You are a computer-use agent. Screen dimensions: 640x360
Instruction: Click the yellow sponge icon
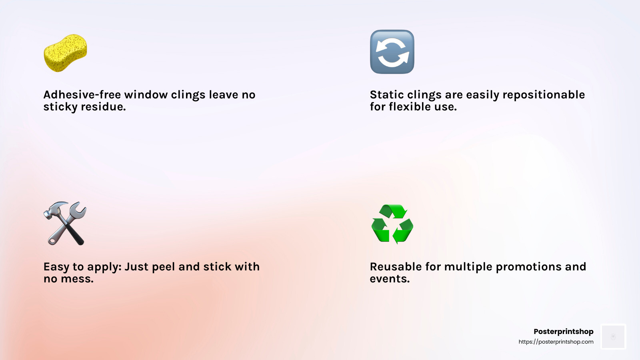point(65,53)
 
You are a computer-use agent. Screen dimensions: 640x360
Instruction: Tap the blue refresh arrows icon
point(392,52)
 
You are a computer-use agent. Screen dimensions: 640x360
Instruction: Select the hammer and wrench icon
point(65,224)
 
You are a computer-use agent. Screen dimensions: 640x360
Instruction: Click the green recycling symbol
point(392,224)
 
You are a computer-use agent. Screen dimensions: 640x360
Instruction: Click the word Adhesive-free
point(82,94)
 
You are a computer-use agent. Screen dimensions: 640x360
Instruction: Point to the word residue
point(103,106)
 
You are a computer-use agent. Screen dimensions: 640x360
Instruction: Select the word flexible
point(414,106)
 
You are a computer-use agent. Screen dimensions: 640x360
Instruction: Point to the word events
point(390,279)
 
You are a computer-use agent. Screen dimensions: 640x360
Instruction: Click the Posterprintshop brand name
point(564,332)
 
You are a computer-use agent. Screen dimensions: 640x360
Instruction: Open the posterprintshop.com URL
point(556,342)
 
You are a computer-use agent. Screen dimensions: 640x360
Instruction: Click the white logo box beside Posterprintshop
point(613,336)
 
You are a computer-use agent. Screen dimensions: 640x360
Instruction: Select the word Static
point(387,94)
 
